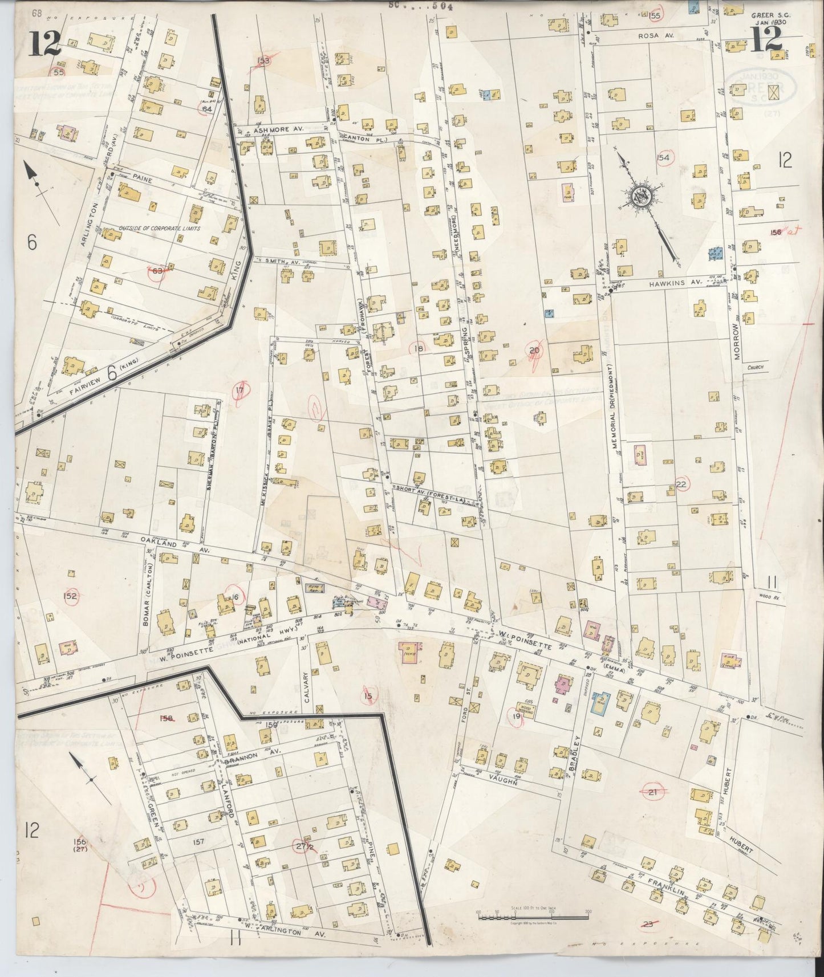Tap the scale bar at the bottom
click(533, 917)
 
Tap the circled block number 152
click(71, 596)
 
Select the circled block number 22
click(681, 484)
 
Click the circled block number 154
click(663, 157)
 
